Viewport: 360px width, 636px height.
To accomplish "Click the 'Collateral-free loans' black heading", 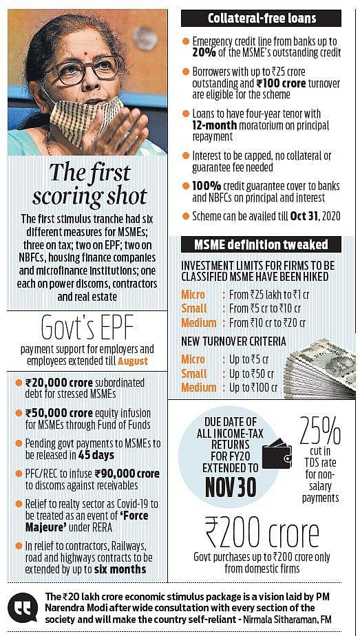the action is pos(261,19).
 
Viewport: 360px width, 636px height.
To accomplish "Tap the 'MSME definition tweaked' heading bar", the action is pos(261,244).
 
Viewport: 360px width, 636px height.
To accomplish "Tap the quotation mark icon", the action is pos(23,607).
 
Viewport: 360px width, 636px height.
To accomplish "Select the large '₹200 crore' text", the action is pos(262,533).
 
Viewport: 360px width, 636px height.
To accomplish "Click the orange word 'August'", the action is pos(135,360).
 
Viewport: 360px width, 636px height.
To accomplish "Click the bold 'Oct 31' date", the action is pos(304,215).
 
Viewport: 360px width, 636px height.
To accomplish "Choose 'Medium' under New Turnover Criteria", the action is pos(198,388).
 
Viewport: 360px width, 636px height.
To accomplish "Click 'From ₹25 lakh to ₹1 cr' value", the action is pos(269,295).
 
